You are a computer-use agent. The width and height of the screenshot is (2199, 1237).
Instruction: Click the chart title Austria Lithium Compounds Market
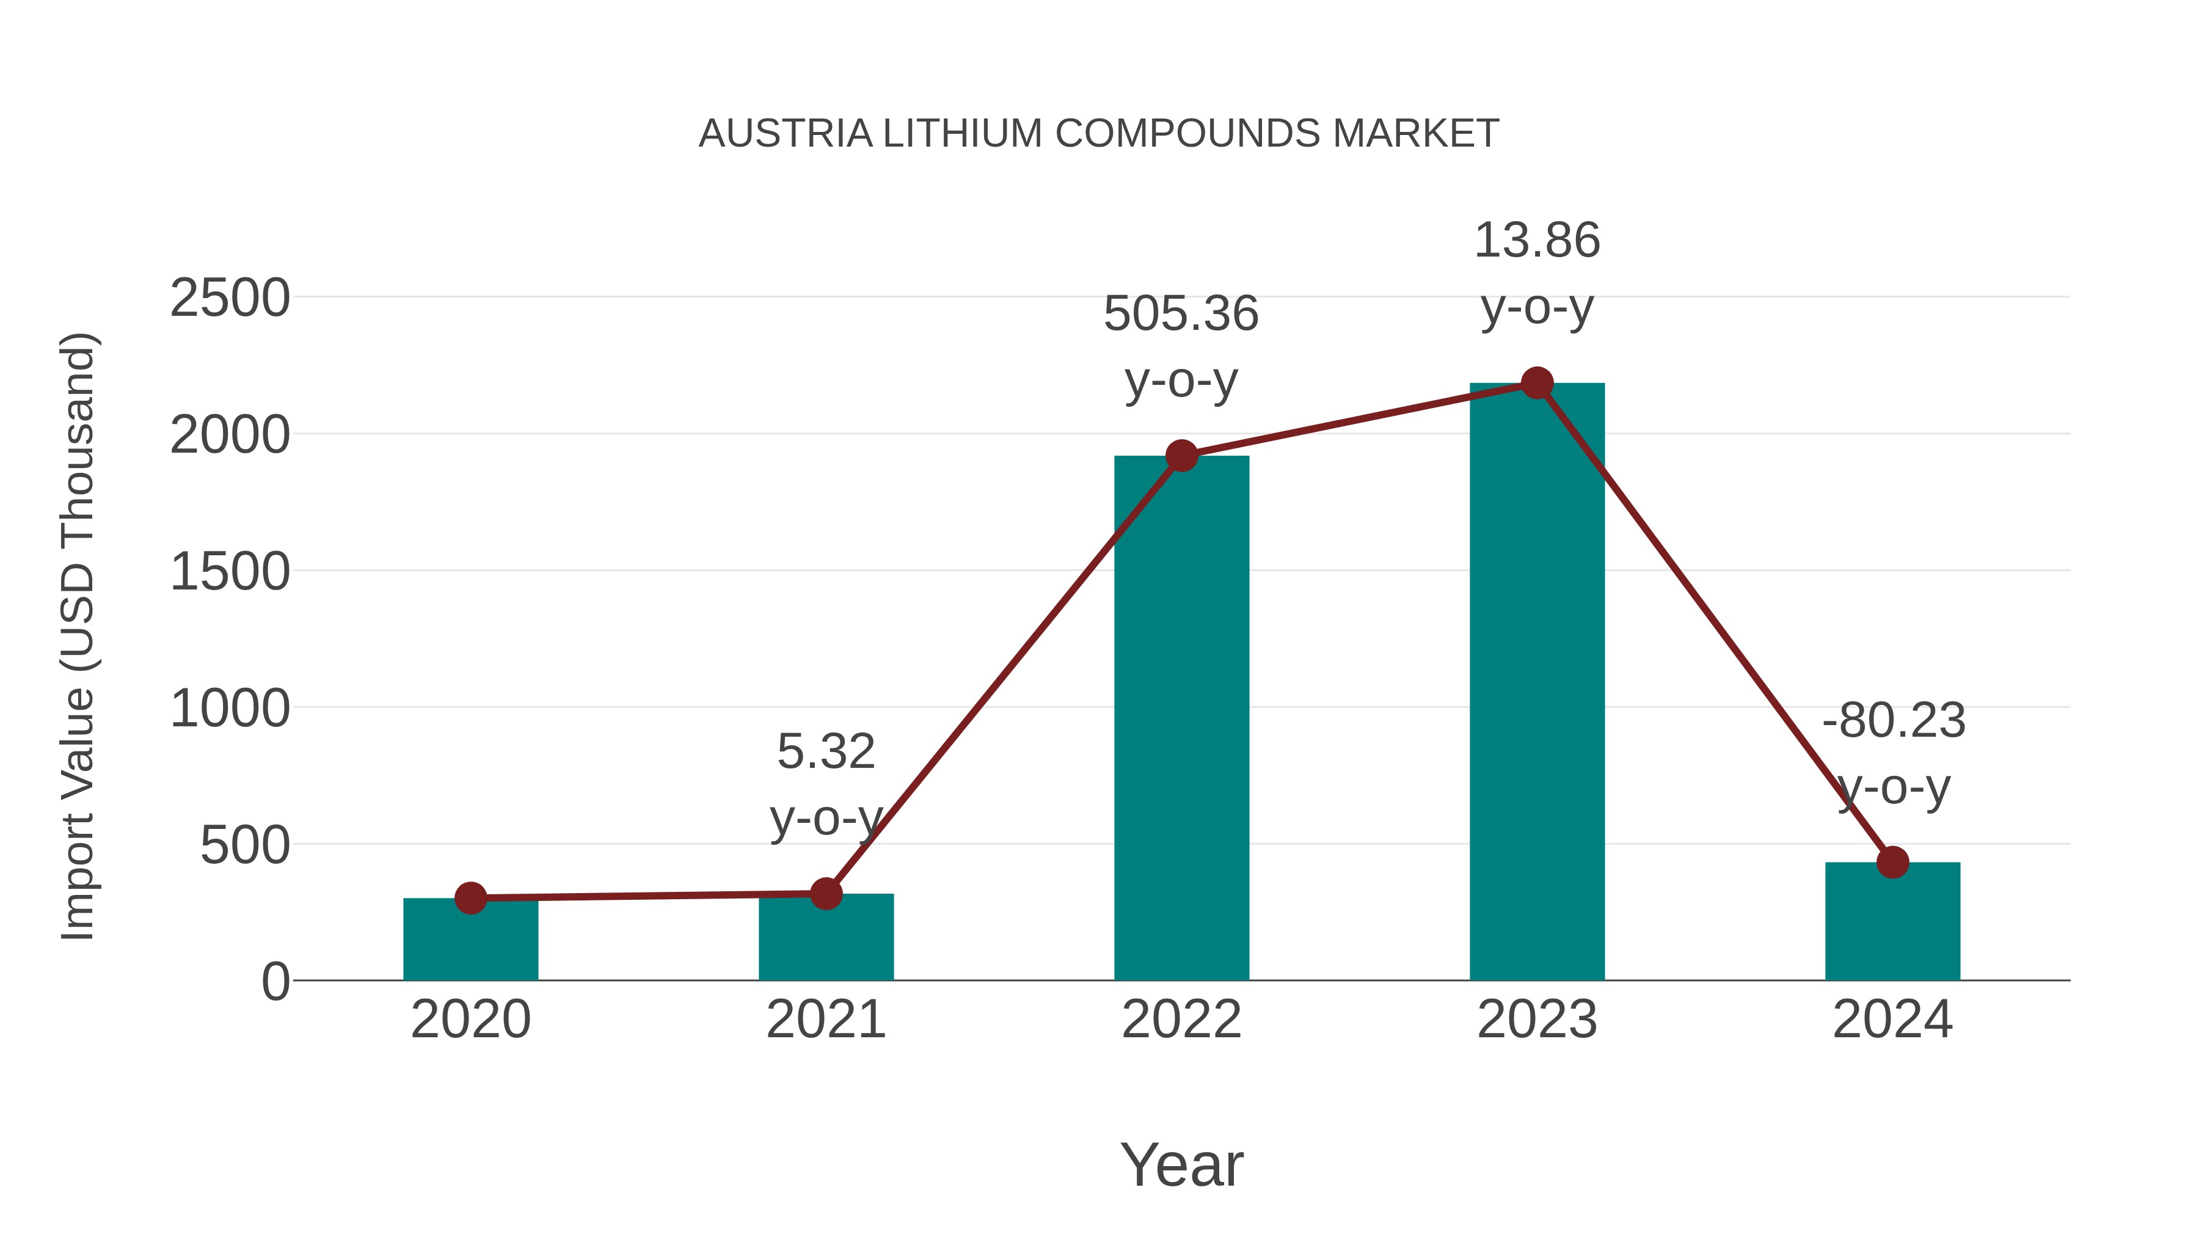coord(1099,133)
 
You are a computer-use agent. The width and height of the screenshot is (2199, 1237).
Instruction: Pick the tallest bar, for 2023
coord(1537,683)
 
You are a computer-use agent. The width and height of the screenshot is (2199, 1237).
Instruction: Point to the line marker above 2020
coord(470,898)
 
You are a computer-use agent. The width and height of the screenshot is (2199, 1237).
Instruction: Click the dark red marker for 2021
coord(825,894)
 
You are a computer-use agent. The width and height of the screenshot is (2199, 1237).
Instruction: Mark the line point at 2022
coord(1181,456)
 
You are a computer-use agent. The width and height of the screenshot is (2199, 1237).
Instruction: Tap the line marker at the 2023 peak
coord(1537,383)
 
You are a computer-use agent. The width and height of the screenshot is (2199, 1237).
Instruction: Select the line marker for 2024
coord(1892,862)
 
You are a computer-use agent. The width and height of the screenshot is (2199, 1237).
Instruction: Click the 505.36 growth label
coord(1181,313)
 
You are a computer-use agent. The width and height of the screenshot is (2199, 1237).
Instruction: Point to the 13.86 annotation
coord(1537,240)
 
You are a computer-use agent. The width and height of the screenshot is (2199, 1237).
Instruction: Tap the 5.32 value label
coord(825,752)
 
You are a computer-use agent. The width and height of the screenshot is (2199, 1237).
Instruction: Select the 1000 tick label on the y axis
coord(230,709)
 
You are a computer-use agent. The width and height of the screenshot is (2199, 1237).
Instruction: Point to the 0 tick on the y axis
coord(275,982)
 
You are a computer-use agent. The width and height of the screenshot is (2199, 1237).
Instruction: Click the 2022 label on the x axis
coord(1181,1020)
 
